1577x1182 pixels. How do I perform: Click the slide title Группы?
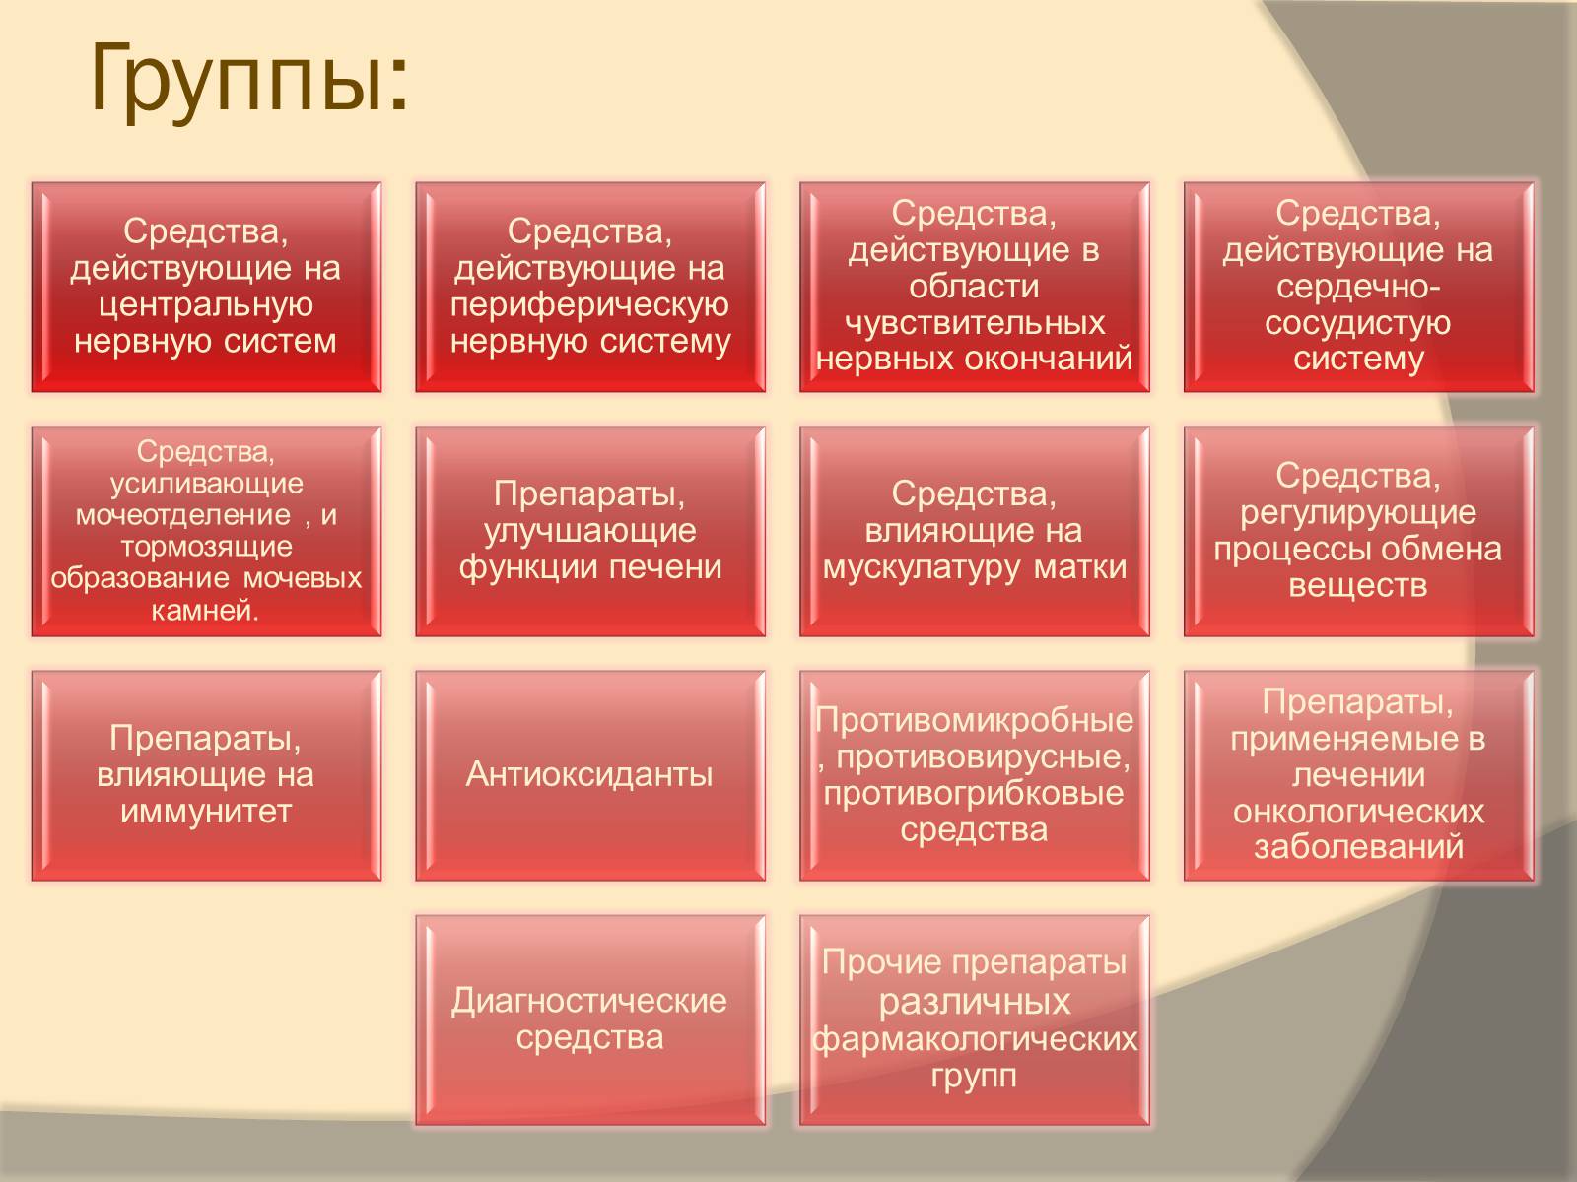pos(248,81)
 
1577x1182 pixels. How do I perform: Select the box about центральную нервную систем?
pos(206,287)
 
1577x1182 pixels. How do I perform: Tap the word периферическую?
pos(589,305)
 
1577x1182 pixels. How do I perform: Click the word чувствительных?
pos(975,323)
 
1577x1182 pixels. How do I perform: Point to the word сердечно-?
pos(1358,287)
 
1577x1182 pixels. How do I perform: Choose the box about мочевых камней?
pos(206,531)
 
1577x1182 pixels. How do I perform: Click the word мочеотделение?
pos(183,514)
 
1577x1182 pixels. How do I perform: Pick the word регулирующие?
pos(1358,513)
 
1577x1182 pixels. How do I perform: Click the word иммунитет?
pos(206,812)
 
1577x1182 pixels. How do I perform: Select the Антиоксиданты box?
pos(589,776)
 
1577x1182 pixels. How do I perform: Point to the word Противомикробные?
pos(974,720)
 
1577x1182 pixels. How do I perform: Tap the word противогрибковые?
pos(974,794)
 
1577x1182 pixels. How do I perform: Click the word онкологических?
pos(1358,812)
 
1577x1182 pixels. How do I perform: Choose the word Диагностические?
pos(589,1001)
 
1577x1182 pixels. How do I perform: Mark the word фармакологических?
pos(975,1039)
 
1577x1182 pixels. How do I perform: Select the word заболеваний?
pos(1358,847)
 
